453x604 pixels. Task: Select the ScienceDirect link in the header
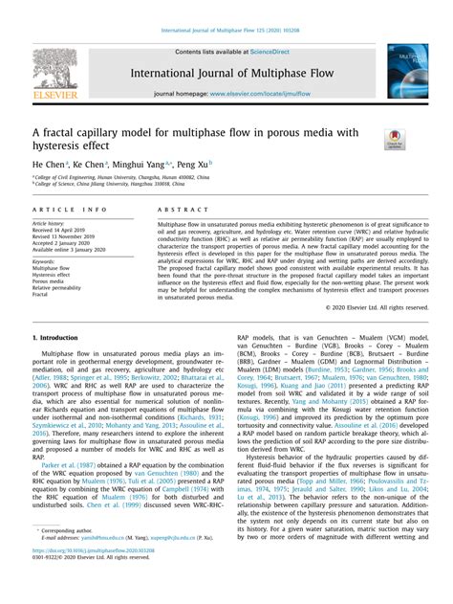(x=277, y=51)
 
